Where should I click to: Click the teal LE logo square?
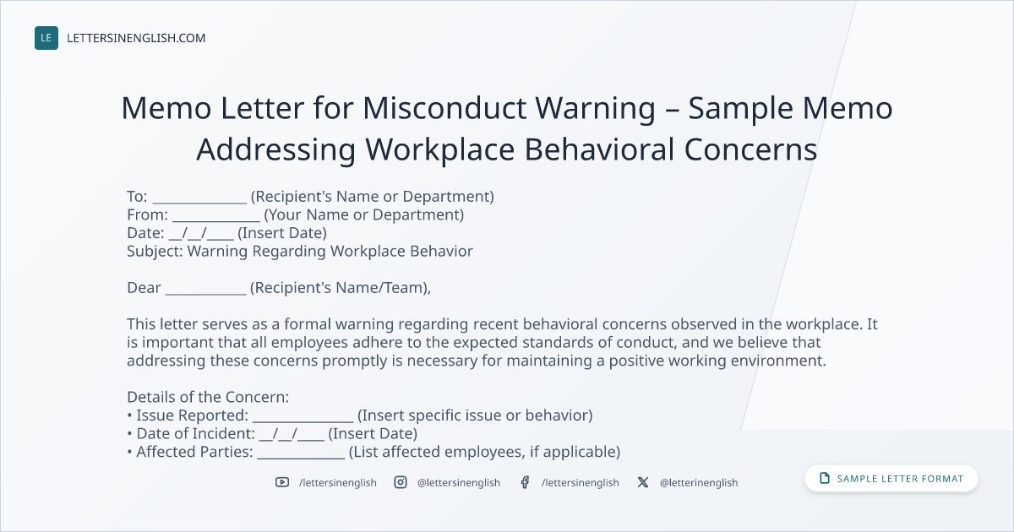[46, 38]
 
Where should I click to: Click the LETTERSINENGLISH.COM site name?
[136, 38]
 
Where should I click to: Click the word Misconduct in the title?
[444, 108]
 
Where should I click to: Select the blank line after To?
[199, 202]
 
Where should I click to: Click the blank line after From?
[216, 220]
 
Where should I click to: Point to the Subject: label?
[155, 251]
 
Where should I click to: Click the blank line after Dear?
[205, 293]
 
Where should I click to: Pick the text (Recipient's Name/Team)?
[341, 288]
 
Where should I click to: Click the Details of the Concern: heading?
[208, 397]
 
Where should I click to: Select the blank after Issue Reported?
[303, 421]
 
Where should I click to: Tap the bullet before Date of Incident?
[129, 434]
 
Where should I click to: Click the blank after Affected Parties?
[301, 458]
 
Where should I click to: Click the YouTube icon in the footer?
[282, 482]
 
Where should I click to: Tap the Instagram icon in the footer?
[401, 482]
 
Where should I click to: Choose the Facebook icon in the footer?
[525, 482]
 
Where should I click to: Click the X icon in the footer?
[643, 482]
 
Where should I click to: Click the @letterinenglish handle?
[699, 483]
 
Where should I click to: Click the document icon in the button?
[825, 478]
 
